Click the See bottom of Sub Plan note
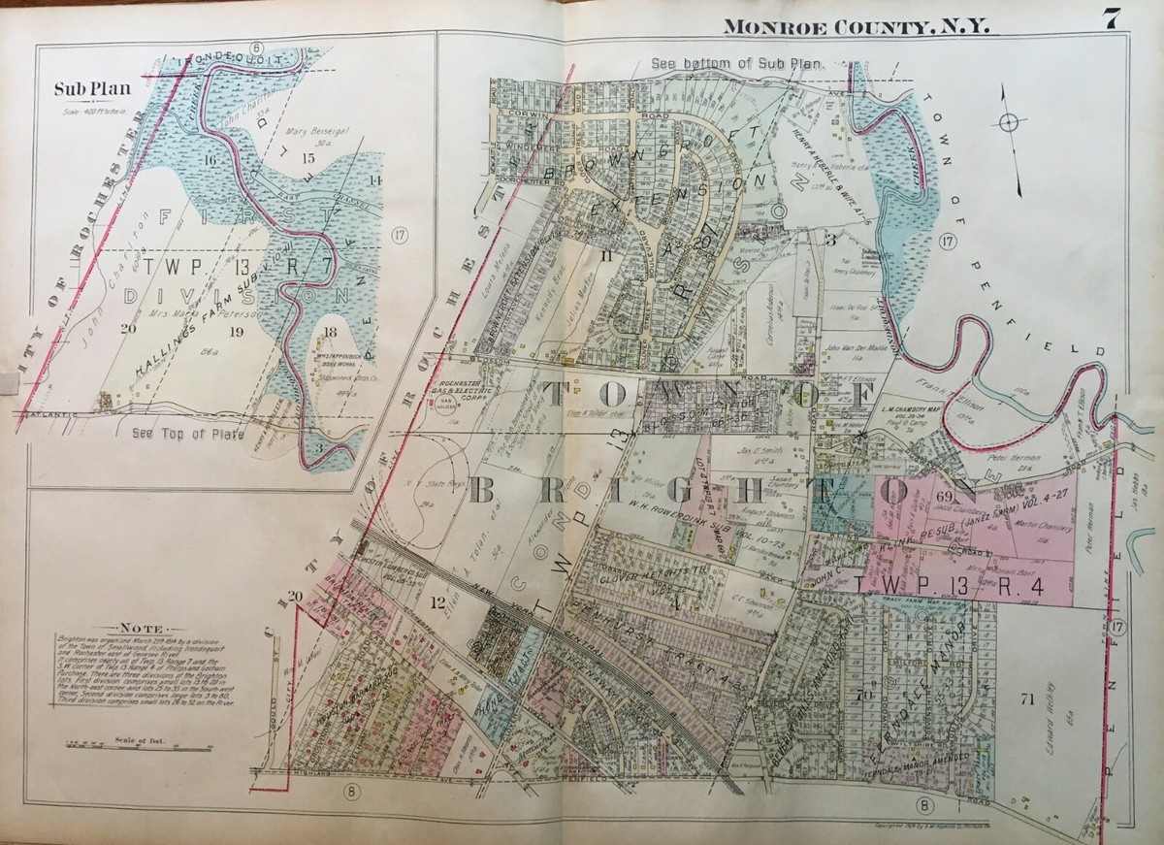736,63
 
